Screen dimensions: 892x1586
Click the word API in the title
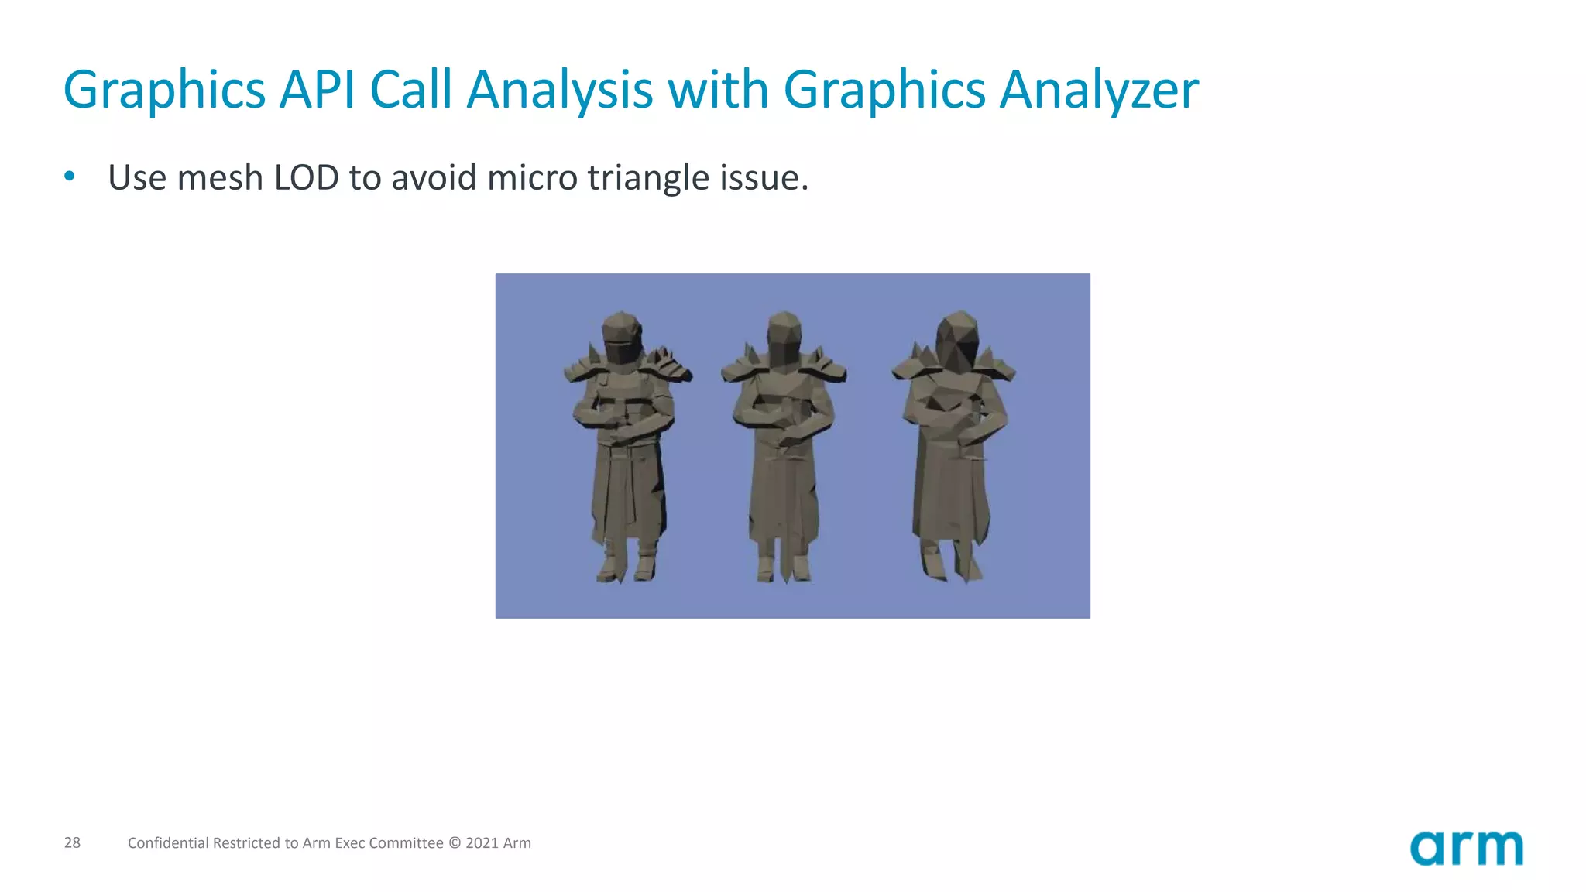pos(318,90)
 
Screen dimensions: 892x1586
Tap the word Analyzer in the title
pos(1099,90)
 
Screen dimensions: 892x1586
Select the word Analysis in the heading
pos(560,90)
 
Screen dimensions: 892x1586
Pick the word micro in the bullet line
pos(532,177)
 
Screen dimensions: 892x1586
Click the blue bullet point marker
pos(70,177)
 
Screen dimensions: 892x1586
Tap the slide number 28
pos(72,842)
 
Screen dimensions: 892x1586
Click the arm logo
pos(1466,848)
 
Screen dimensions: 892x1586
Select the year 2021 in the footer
pos(482,843)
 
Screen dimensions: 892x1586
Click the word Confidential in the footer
pos(168,843)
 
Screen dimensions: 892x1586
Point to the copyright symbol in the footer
pos(455,843)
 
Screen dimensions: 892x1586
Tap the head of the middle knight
pos(784,338)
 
